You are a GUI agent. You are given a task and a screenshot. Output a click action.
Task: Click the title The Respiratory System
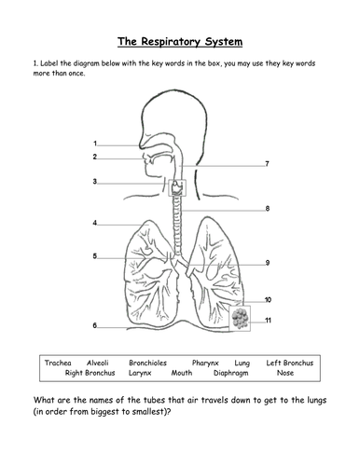point(180,42)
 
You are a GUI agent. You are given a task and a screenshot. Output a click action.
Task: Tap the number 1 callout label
point(95,144)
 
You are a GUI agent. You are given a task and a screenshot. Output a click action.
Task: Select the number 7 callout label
point(267,164)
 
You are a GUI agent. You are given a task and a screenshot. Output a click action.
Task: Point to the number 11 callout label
point(268,321)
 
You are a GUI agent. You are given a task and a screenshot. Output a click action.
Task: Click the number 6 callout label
point(95,325)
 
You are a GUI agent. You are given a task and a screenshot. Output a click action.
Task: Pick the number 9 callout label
point(268,263)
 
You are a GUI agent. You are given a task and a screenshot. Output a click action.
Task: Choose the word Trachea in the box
point(58,363)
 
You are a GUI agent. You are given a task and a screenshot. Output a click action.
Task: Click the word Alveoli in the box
point(98,363)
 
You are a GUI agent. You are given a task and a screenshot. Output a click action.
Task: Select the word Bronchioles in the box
point(147,363)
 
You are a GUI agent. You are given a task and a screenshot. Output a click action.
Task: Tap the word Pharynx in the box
point(205,363)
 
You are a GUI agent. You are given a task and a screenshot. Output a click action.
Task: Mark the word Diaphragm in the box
point(231,373)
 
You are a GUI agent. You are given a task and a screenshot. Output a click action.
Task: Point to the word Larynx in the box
point(140,373)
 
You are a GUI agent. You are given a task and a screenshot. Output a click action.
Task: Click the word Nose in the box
point(285,373)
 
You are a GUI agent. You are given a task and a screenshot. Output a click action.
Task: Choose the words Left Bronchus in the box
point(290,363)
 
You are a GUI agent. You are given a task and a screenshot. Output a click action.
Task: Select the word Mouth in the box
point(182,373)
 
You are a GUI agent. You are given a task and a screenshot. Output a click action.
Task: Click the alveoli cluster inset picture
point(240,319)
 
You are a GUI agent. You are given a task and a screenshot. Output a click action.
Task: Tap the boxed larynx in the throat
point(177,187)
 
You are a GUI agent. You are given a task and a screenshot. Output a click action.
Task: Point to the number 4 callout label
point(95,223)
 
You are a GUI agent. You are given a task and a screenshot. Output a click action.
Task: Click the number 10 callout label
point(268,300)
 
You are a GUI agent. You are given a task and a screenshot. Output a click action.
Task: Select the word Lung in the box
point(242,363)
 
